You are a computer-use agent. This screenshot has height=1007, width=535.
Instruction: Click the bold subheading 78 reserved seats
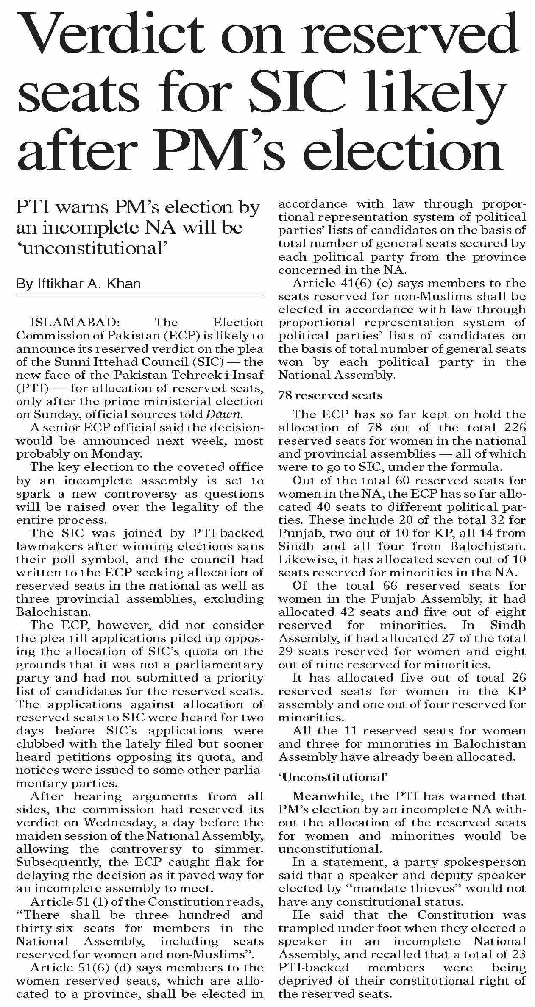330,396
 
